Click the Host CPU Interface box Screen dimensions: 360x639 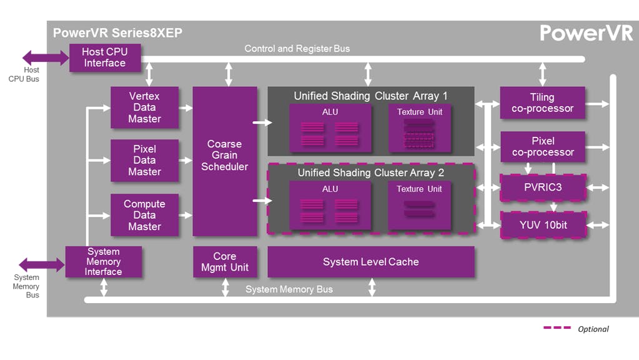[104, 57]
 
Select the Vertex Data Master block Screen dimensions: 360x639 [144, 107]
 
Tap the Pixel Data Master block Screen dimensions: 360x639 [144, 161]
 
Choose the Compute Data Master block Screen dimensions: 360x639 [144, 215]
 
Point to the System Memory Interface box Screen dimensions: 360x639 [104, 262]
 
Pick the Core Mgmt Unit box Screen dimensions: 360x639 [224, 262]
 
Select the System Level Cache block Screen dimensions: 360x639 [370, 262]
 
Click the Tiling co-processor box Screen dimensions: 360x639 [542, 103]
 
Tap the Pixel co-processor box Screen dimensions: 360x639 [542, 147]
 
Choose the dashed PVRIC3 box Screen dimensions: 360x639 [543, 187]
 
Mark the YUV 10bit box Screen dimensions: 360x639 [543, 225]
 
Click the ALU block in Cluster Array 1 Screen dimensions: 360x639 [330, 128]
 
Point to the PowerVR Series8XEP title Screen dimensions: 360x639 [117, 33]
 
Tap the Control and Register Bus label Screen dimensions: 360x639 [297, 49]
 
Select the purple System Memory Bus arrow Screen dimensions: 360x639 [41, 264]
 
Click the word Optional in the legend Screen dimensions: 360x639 [593, 329]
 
